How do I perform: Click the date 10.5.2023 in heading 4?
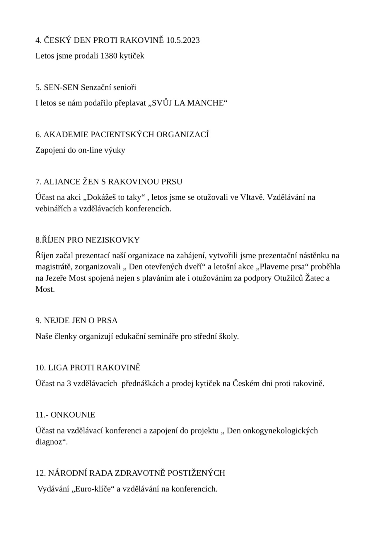click(183, 40)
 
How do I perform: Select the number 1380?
click(109, 56)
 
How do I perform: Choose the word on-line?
click(89, 150)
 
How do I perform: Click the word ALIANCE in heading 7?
click(60, 182)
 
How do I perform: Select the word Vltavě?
click(252, 197)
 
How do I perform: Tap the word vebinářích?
click(52, 209)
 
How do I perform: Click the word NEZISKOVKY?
click(112, 240)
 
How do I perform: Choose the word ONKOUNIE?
click(73, 415)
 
